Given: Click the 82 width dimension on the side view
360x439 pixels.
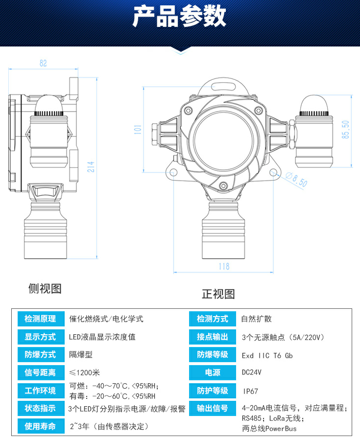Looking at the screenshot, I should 43,63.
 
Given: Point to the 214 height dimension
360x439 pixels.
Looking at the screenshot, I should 90,167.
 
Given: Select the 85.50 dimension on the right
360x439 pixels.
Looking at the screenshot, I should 346,130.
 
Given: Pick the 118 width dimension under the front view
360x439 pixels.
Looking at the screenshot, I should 223,266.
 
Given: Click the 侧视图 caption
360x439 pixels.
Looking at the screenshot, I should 45,288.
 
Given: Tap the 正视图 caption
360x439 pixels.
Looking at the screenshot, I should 218,294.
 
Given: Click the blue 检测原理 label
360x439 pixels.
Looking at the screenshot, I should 40,319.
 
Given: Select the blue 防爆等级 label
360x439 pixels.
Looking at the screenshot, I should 213,355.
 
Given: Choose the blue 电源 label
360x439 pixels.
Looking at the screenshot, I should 213,373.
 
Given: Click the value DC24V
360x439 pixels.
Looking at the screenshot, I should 252,373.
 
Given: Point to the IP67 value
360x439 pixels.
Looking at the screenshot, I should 250,391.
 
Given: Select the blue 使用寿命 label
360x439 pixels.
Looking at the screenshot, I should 40,426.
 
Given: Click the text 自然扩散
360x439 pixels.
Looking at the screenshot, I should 256,319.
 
